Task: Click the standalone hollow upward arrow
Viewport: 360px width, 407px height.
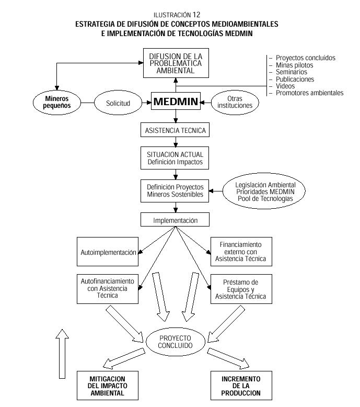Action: click(62, 354)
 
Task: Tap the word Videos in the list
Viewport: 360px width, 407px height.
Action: click(285, 86)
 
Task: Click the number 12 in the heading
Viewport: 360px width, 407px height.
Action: click(196, 15)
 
